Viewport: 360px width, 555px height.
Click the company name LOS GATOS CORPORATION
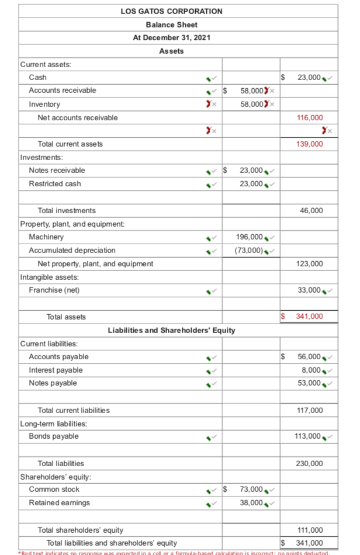(x=172, y=11)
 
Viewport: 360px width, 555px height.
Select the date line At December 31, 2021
(x=172, y=37)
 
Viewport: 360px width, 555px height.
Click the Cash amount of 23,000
(x=309, y=77)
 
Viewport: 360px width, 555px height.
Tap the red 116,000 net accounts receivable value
(x=310, y=117)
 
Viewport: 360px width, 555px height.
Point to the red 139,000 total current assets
(x=310, y=144)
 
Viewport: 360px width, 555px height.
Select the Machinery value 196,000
(x=251, y=237)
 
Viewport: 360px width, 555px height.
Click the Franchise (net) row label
(x=54, y=290)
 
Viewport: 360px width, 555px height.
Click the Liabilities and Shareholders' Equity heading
(x=172, y=330)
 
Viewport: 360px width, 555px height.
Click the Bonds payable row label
(x=54, y=436)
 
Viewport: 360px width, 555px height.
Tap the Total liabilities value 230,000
(x=310, y=463)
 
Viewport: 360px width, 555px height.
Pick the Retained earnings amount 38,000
(x=251, y=503)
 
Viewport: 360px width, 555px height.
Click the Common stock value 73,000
(x=251, y=490)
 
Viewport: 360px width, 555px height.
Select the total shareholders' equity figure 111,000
(x=310, y=530)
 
